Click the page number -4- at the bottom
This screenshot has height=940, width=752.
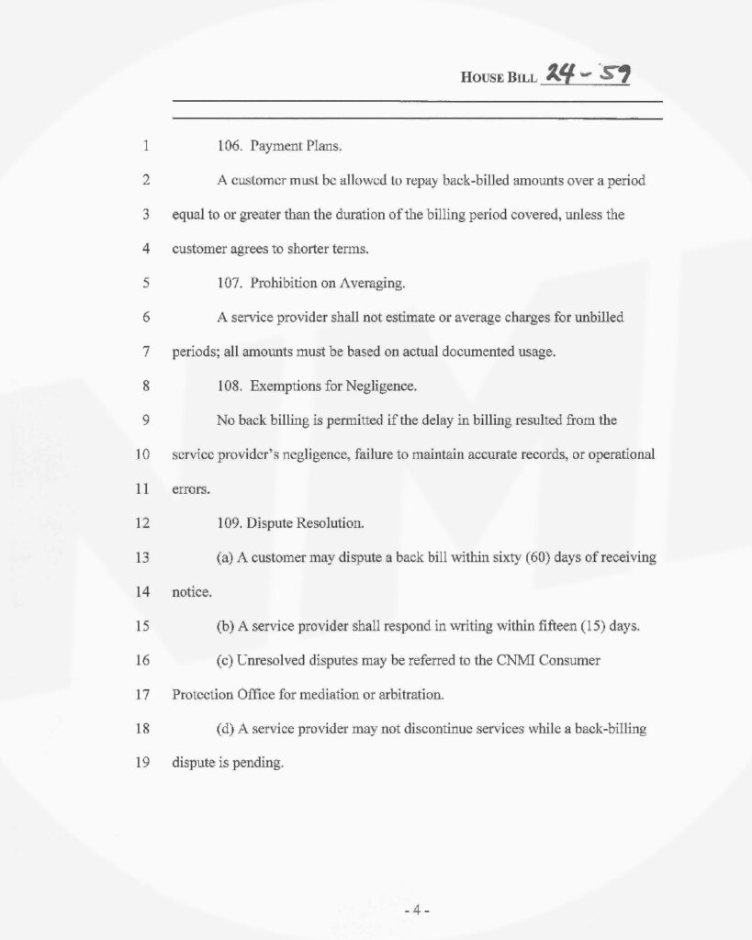[417, 911]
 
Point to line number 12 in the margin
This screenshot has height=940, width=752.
[142, 523]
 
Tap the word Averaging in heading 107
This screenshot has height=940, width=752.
[374, 284]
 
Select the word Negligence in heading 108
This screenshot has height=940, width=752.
[380, 386]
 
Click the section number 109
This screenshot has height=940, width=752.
[230, 524]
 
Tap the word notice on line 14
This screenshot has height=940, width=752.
[191, 593]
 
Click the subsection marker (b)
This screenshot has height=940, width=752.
[225, 627]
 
